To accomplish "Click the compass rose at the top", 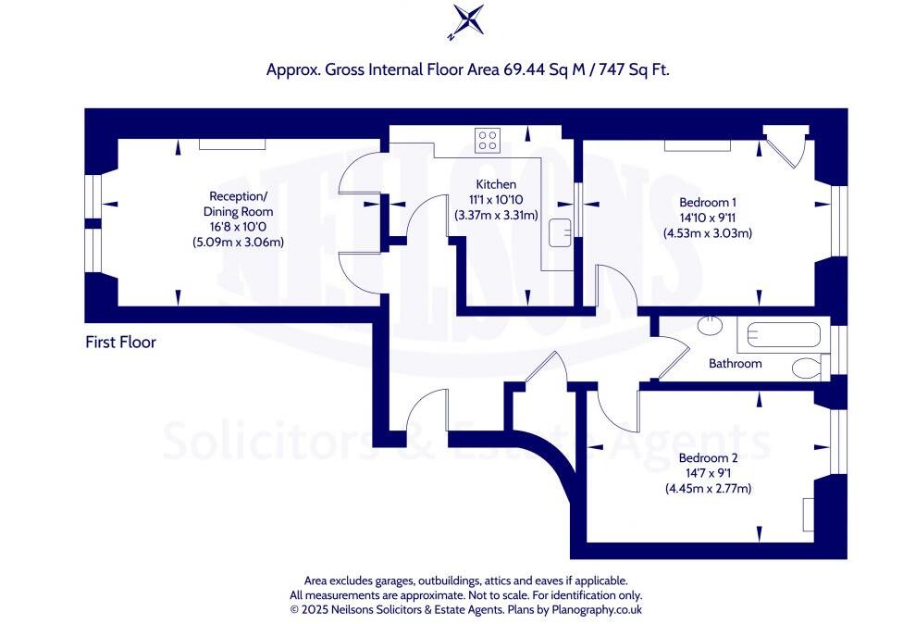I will pos(465,20).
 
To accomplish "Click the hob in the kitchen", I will pos(487,141).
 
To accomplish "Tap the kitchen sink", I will pos(559,233).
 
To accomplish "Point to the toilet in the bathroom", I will pos(807,368).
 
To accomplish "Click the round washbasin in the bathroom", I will pos(711,325).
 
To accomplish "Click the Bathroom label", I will pos(736,364).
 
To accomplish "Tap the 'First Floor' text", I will pos(120,343).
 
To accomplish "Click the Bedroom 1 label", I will pos(708,202).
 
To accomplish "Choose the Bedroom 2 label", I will pos(708,458).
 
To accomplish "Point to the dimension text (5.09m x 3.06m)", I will pos(238,243).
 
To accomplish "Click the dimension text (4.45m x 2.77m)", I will pos(708,488).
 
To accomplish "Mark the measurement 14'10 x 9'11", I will pos(708,218).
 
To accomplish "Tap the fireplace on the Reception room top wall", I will pos(233,144).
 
